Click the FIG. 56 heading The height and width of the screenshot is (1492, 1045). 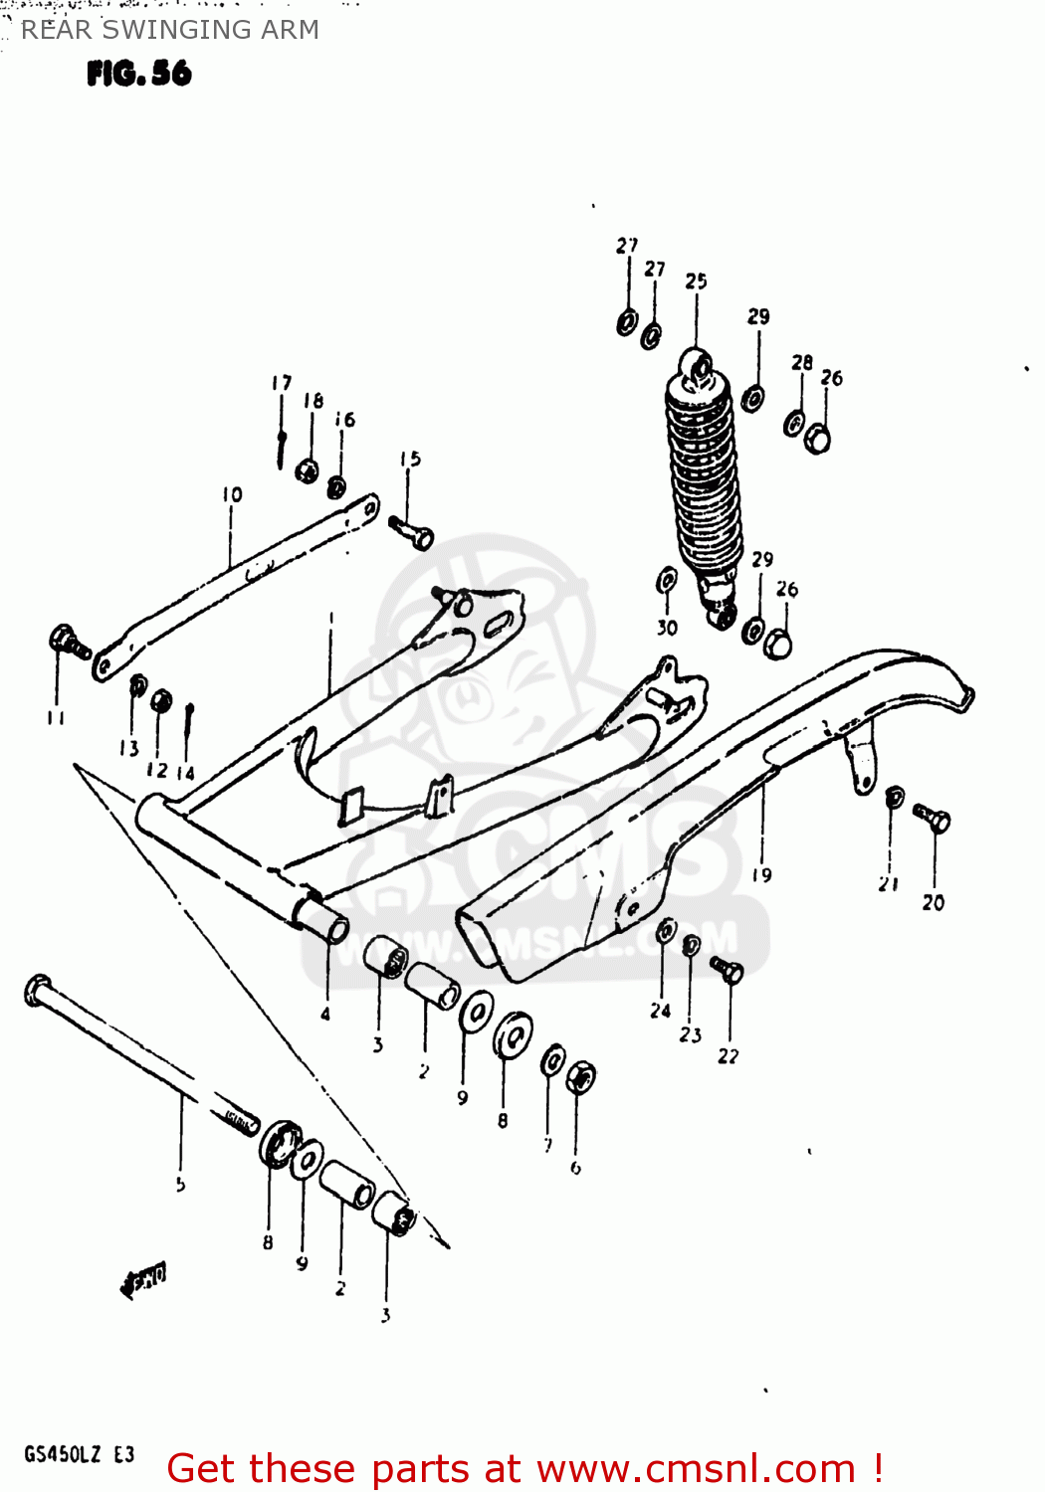point(139,74)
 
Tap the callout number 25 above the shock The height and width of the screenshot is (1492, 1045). point(696,281)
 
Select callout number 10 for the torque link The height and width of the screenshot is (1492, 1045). point(232,494)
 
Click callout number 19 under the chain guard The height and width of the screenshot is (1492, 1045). point(761,875)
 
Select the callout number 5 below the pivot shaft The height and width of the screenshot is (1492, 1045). point(180,1185)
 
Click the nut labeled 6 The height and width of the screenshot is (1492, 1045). point(581,1078)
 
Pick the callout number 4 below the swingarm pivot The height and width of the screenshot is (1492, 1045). point(325,1015)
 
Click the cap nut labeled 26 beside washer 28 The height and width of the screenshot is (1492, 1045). point(817,438)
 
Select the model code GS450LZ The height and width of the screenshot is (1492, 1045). point(63,1454)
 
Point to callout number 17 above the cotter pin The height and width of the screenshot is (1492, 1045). point(282,383)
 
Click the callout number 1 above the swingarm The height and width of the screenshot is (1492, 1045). point(330,618)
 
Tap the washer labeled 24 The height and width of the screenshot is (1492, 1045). point(666,931)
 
